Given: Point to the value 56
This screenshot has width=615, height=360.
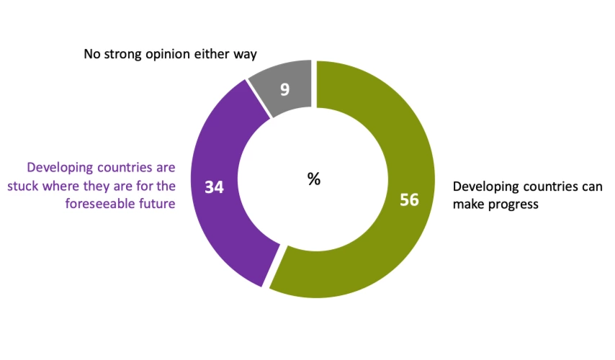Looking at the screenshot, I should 409,200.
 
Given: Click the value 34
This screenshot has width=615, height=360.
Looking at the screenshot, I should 214,187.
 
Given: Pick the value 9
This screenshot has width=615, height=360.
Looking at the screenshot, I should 285,89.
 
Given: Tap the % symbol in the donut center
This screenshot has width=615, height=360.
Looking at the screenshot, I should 314,179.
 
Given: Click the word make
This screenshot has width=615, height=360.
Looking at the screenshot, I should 467,204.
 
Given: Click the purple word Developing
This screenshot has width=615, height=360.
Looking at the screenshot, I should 58,171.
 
